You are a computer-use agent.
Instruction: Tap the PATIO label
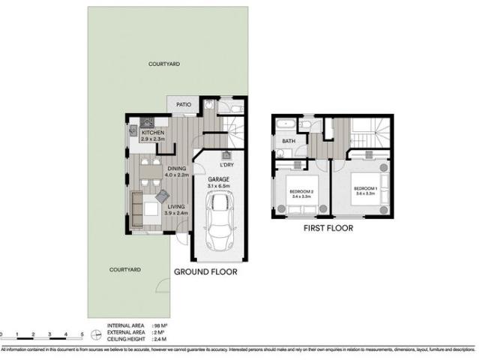click(183, 105)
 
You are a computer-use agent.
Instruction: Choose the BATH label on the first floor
click(289, 141)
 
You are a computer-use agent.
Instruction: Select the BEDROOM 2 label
click(301, 193)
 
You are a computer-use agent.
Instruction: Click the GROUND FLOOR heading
click(205, 272)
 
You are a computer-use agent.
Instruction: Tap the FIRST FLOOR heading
click(328, 228)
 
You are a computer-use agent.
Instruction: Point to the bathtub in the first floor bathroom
click(286, 123)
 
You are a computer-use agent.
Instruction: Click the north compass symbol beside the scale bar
click(96, 334)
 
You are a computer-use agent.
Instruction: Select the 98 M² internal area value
click(158, 326)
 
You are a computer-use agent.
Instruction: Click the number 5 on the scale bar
click(82, 334)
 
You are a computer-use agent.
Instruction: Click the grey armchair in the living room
click(163, 196)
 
